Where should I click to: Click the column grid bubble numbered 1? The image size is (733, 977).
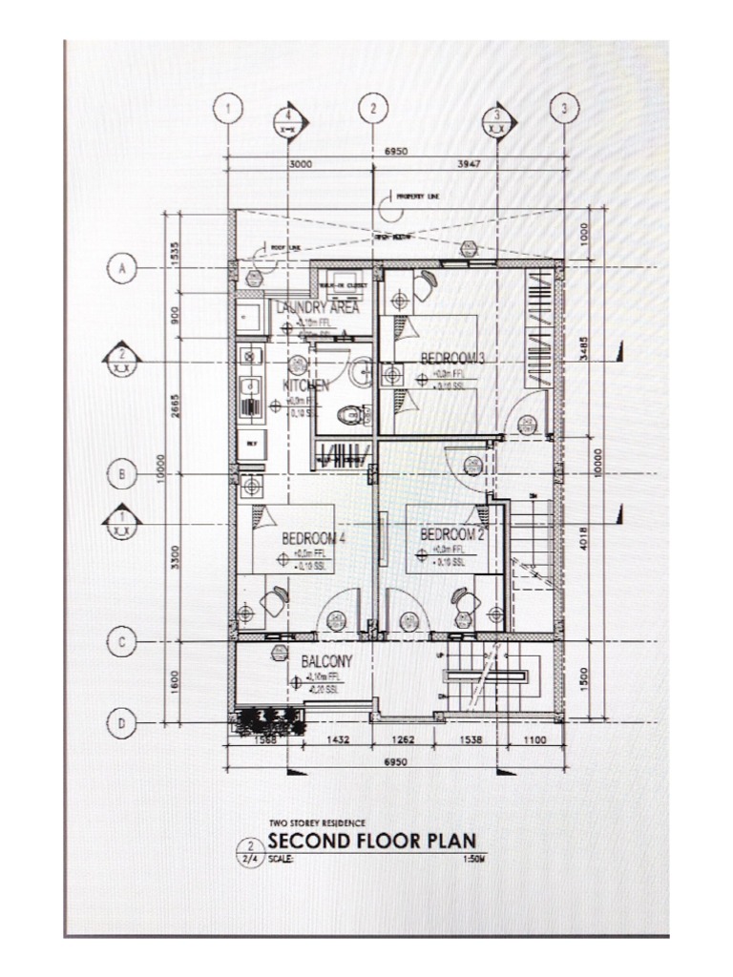pos(226,108)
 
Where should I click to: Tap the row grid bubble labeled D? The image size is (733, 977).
pos(121,724)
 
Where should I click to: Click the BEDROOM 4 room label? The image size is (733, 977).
pos(312,538)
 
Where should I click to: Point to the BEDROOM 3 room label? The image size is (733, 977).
pos(453,358)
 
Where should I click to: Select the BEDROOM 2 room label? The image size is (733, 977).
pos(452,533)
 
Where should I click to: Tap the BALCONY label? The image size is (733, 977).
pos(326,660)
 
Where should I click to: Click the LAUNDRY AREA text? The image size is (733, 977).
pos(318,307)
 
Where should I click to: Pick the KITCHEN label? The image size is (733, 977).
pos(305,385)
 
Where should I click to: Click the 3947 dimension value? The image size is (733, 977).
pos(468,163)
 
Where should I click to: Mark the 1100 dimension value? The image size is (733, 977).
pos(534,739)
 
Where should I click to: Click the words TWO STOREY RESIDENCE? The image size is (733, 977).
pos(317,821)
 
